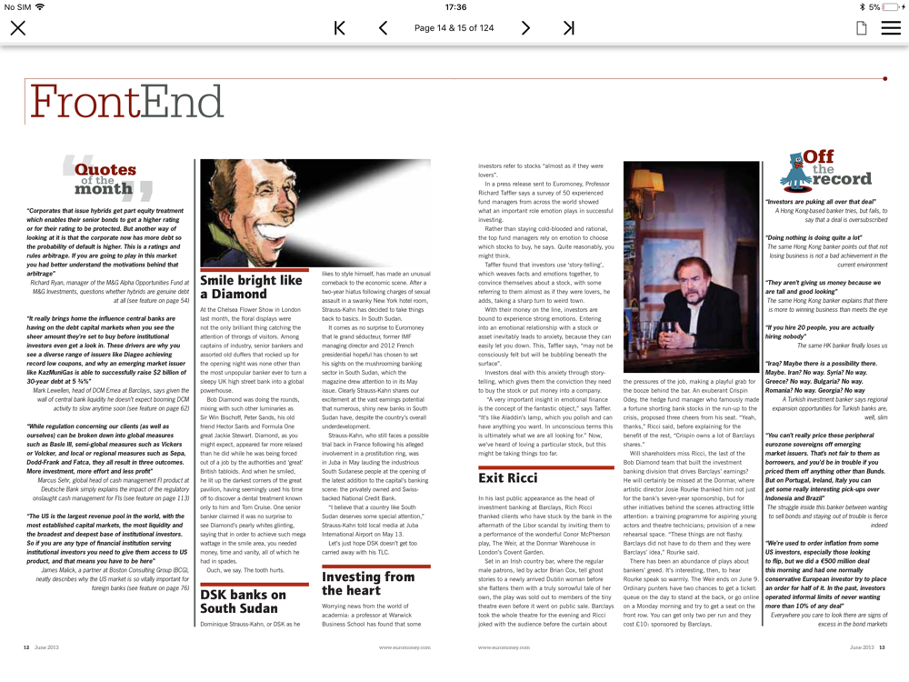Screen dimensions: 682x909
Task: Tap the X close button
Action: pos(17,28)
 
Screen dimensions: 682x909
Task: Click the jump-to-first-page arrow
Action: pos(339,28)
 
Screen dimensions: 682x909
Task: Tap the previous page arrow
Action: pos(383,28)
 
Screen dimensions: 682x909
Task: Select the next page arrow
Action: pos(525,28)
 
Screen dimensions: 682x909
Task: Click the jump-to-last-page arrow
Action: pos(569,28)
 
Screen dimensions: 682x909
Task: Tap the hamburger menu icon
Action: pos(891,28)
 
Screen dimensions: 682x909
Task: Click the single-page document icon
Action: pos(861,28)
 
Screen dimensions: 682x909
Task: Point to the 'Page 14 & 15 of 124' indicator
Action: pos(454,28)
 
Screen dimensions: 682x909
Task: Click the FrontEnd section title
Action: pos(126,102)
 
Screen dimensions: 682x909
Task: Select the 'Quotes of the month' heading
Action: pos(105,177)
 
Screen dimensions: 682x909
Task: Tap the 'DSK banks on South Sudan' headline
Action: pos(243,601)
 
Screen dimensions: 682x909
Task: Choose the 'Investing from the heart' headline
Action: pos(368,583)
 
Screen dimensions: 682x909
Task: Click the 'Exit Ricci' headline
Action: pos(508,477)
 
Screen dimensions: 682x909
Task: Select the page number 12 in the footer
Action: pos(26,647)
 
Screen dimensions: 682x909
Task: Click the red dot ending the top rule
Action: pos(884,79)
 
